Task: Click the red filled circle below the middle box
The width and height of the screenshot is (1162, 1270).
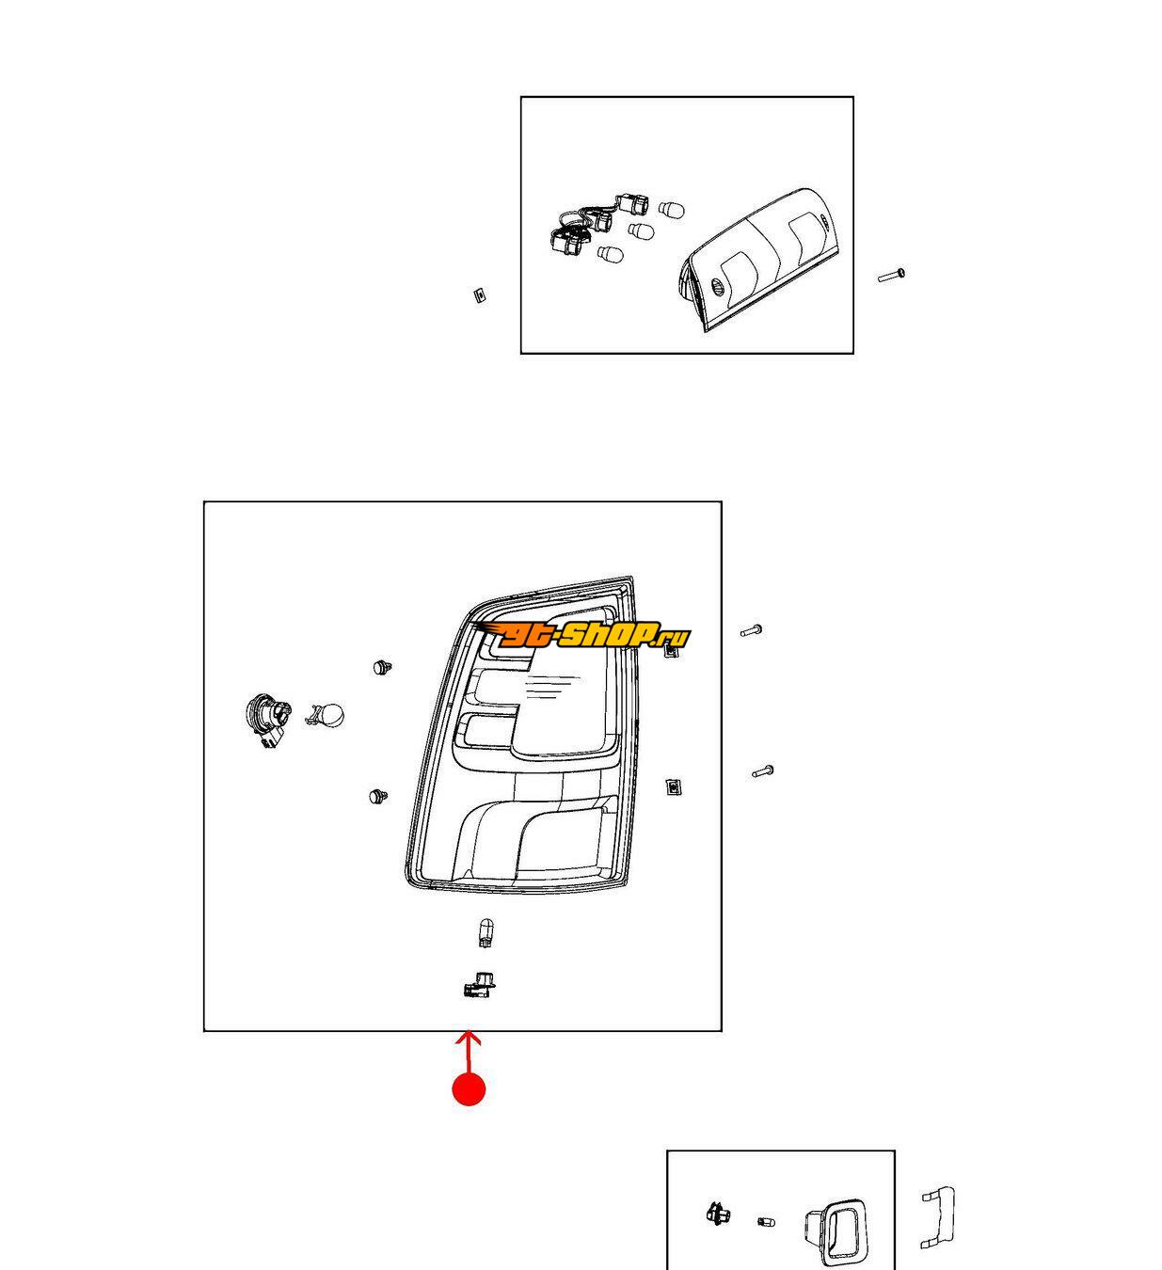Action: point(469,1089)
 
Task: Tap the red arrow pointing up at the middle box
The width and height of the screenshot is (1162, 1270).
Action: point(468,1052)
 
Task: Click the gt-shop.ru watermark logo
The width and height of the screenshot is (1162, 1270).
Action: point(582,634)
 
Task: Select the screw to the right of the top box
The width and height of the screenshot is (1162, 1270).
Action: point(891,276)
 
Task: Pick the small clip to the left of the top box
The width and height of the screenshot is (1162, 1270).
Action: point(479,295)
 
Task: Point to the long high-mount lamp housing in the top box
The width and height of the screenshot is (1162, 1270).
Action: point(760,260)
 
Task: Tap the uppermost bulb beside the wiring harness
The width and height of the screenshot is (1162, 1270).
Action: point(671,210)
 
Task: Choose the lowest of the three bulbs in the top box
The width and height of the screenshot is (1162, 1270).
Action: point(610,255)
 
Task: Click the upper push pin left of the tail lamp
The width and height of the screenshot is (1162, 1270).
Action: point(382,667)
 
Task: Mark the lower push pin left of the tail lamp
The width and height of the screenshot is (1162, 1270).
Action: point(378,797)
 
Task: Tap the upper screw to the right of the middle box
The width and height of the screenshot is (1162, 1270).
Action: point(751,630)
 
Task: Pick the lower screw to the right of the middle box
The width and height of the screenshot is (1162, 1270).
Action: point(762,771)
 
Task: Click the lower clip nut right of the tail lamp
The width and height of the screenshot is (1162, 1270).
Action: point(674,787)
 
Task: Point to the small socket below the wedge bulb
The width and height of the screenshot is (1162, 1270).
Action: point(479,986)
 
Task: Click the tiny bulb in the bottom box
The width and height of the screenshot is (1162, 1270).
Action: point(766,1221)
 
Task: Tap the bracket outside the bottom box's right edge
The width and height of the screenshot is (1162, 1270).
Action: point(938,1217)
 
